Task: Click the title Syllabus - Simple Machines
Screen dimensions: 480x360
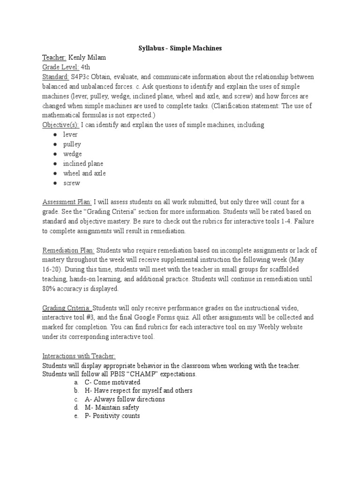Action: click(180, 48)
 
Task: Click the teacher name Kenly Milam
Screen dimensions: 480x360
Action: click(88, 58)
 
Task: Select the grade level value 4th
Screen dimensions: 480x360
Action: click(86, 67)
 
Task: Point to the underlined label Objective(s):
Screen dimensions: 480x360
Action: click(61, 125)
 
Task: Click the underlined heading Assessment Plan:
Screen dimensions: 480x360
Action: click(67, 202)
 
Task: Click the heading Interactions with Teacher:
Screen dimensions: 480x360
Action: click(79, 356)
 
